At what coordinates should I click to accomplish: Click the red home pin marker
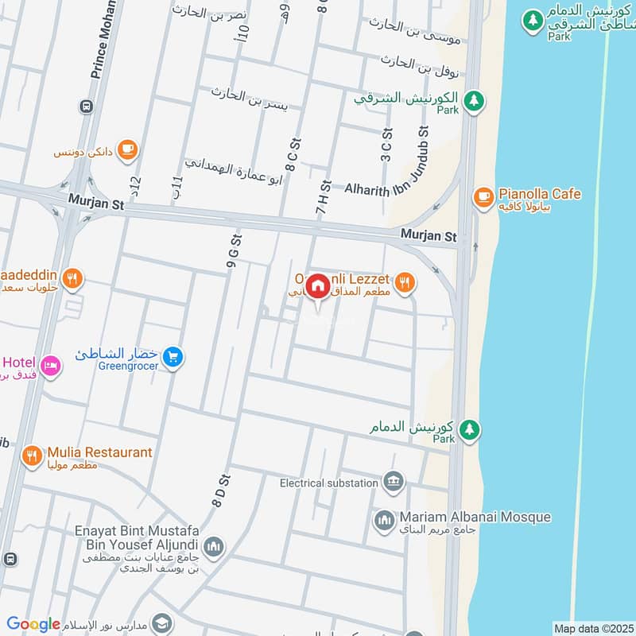pyautogui.click(x=318, y=287)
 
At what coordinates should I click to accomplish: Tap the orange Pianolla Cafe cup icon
pyautogui.click(x=483, y=196)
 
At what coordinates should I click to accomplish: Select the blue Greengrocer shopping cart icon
pyautogui.click(x=173, y=359)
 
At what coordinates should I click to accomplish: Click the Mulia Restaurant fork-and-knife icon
pyautogui.click(x=33, y=456)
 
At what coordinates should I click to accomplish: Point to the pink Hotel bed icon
pyautogui.click(x=50, y=366)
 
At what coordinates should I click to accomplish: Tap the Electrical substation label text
pyautogui.click(x=328, y=483)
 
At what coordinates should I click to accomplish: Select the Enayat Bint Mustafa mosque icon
pyautogui.click(x=213, y=546)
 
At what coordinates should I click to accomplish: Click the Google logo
pyautogui.click(x=33, y=625)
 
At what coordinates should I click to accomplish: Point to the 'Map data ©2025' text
pyautogui.click(x=592, y=628)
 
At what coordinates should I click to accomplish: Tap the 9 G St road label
pyautogui.click(x=234, y=255)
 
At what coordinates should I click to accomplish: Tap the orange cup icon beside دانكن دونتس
pyautogui.click(x=127, y=149)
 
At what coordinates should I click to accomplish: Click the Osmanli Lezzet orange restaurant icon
pyautogui.click(x=405, y=282)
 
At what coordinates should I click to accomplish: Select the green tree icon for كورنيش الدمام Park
pyautogui.click(x=470, y=429)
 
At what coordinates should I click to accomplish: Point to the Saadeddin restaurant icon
pyautogui.click(x=72, y=277)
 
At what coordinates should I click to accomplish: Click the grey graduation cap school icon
pyautogui.click(x=162, y=622)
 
